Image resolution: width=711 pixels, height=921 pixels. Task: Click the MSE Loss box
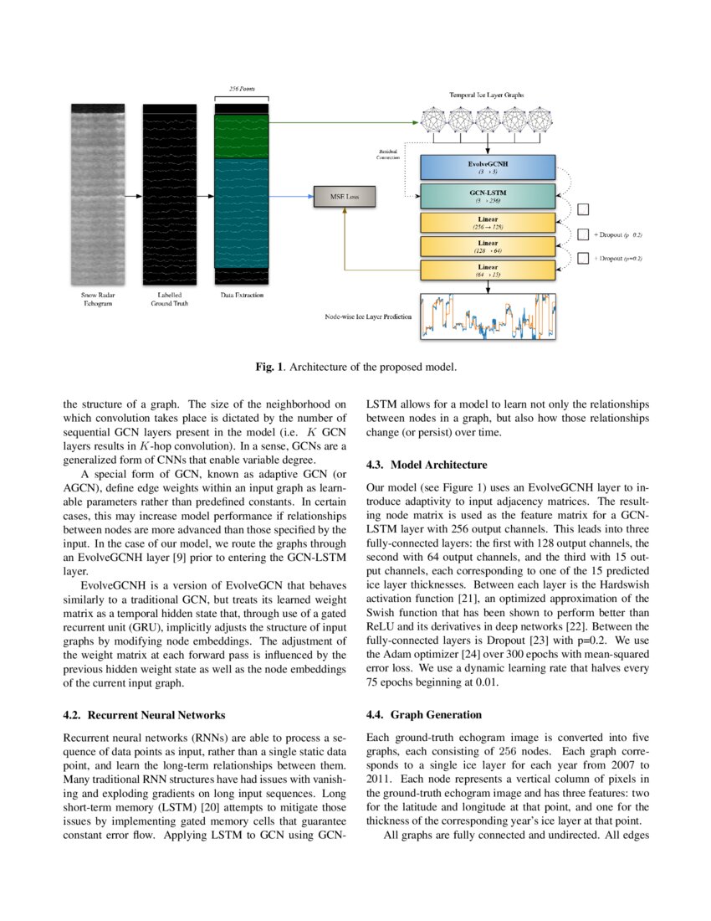tap(343, 197)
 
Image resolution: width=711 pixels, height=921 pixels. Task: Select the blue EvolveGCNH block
tap(488, 167)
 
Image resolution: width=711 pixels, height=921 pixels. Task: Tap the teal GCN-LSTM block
tap(488, 197)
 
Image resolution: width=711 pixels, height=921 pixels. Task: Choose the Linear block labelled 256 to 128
tap(488, 222)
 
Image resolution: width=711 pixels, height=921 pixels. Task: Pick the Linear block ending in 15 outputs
tap(488, 270)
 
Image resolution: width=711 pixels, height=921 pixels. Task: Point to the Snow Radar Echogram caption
tap(98, 299)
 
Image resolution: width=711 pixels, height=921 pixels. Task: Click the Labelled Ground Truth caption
tap(169, 299)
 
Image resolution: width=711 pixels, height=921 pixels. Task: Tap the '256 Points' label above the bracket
tap(242, 88)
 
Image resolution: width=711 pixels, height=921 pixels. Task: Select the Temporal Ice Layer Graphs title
tap(488, 96)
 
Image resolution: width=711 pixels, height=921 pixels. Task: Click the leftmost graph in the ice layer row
tap(434, 121)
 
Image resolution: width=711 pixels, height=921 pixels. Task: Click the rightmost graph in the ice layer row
tap(540, 121)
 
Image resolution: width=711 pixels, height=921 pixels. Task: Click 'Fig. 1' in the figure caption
tap(269, 366)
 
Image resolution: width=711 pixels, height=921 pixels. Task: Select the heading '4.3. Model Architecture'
tap(427, 465)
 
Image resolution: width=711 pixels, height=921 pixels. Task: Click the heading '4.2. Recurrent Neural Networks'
tap(144, 715)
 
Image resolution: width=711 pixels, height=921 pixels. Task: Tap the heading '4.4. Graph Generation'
tap(424, 715)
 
